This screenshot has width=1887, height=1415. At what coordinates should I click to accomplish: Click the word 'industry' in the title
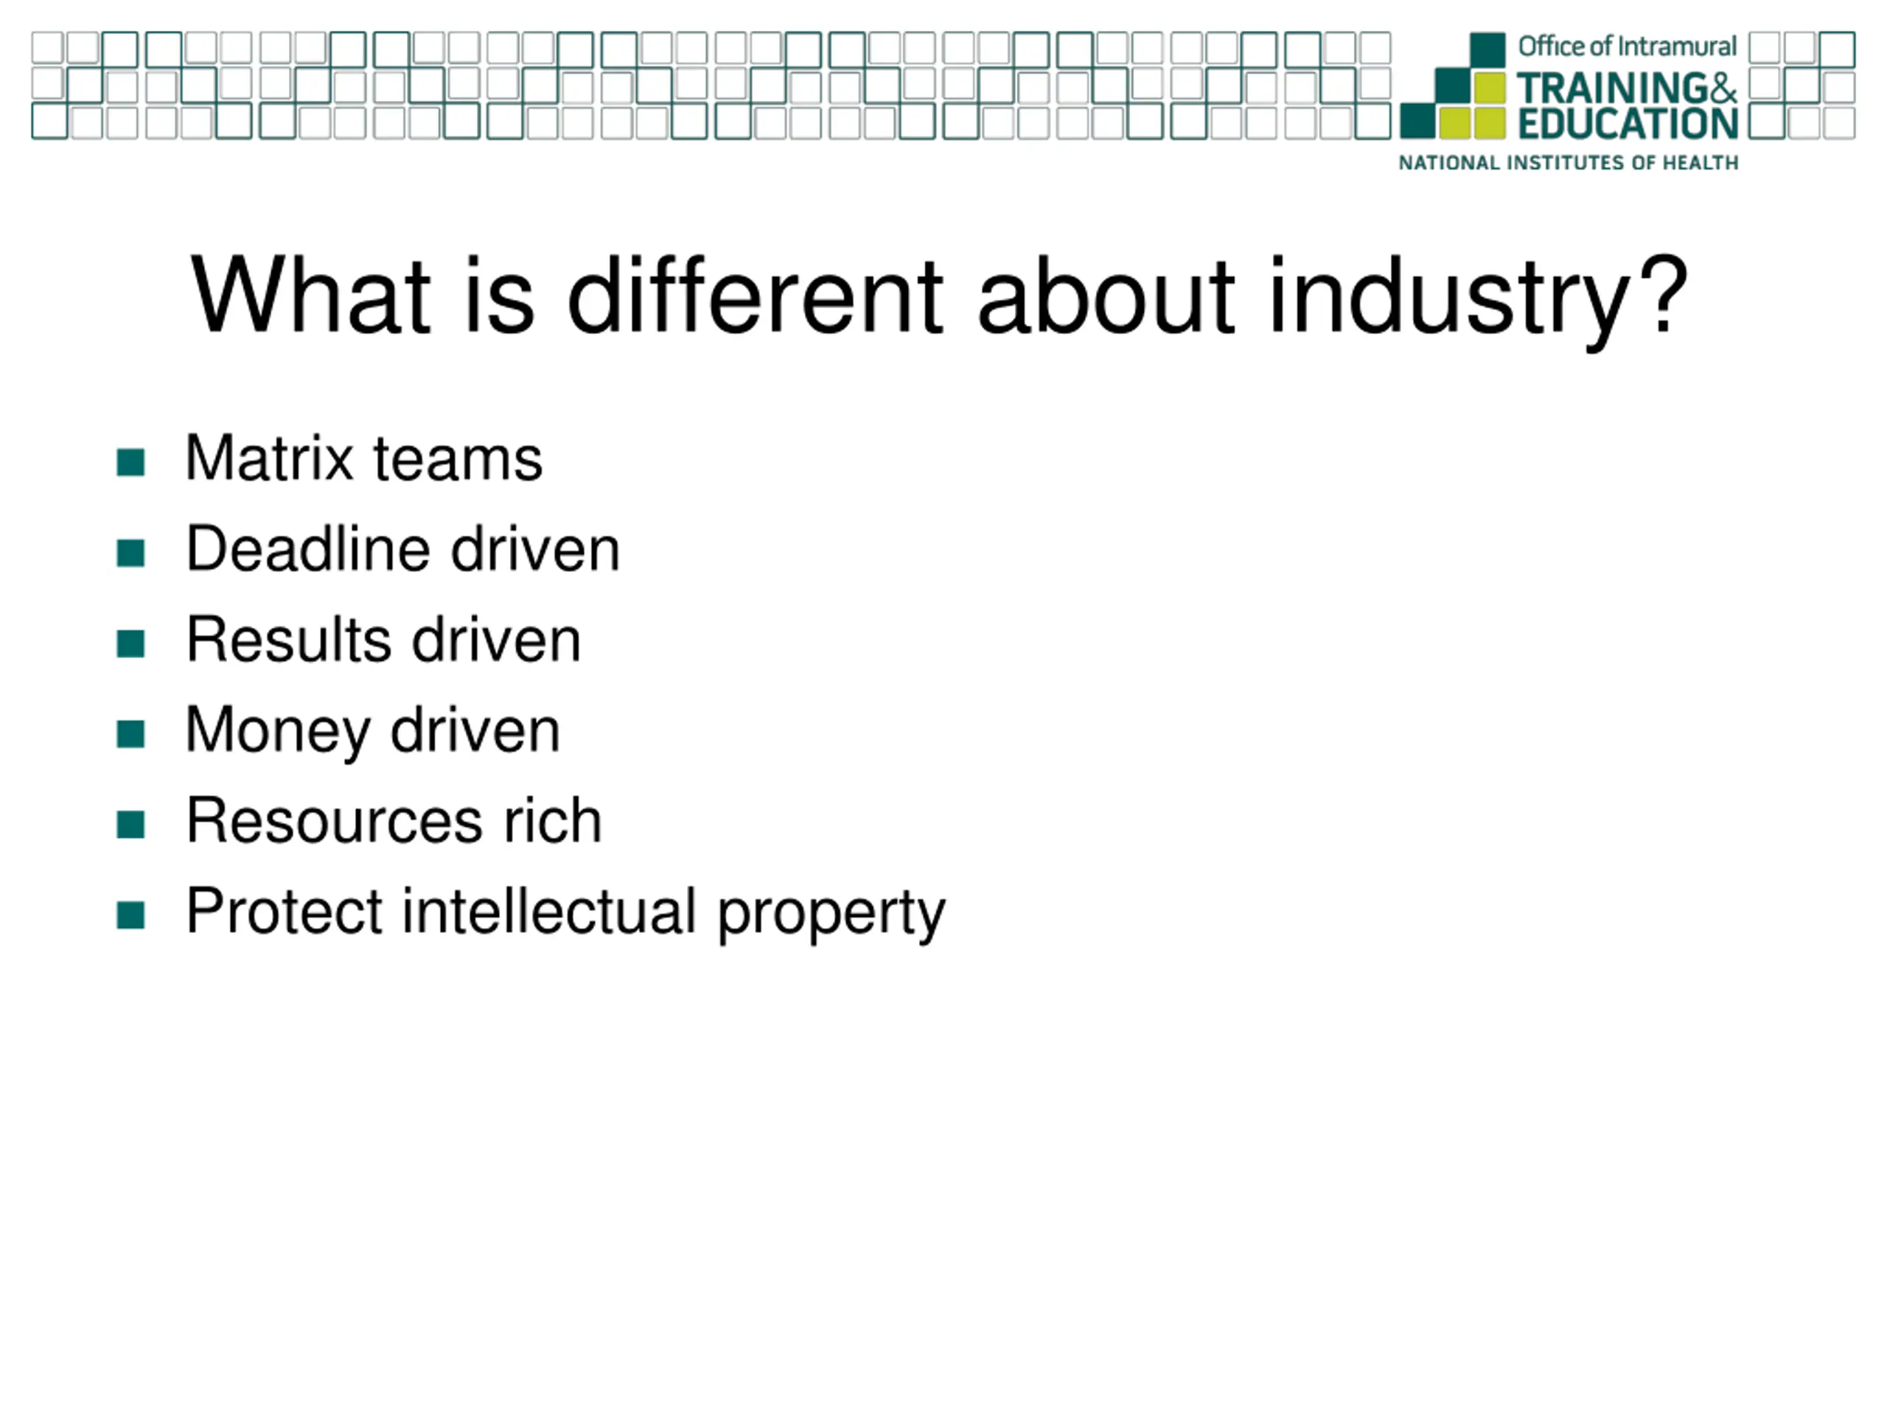(1449, 300)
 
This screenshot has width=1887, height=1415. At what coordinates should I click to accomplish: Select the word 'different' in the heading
(755, 293)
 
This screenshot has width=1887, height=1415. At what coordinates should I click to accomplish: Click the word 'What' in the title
(310, 293)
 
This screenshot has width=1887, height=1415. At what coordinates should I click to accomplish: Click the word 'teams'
(457, 461)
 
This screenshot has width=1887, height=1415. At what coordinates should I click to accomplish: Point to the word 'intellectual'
(548, 911)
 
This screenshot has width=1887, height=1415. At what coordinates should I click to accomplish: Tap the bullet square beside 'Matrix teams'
(130, 462)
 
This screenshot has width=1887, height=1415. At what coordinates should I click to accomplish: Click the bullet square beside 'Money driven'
(130, 733)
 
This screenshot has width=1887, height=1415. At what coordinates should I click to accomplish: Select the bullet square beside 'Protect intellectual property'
(130, 915)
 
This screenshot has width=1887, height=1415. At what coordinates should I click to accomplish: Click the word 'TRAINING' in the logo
(1607, 88)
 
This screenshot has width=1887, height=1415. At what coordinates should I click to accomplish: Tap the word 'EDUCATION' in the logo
(1628, 124)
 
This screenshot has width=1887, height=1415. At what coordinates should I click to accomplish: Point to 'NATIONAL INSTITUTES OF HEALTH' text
(1568, 163)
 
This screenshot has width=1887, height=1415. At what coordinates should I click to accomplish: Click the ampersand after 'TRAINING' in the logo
(1718, 88)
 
